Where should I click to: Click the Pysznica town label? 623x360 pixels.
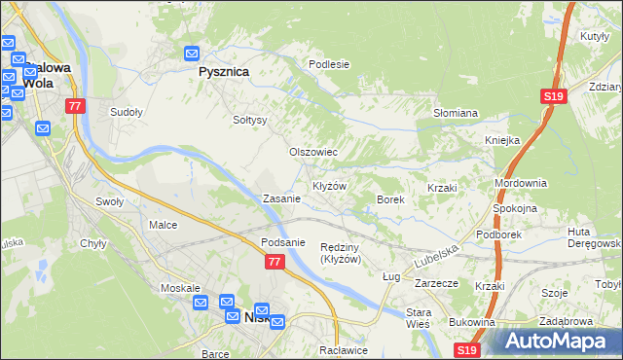pos(223,72)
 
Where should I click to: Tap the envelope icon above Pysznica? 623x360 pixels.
pos(192,54)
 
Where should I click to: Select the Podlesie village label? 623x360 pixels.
pos(329,64)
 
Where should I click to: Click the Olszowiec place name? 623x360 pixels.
pos(313,152)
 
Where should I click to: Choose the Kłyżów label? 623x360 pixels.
pos(329,185)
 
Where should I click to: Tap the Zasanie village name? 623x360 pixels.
pos(281,198)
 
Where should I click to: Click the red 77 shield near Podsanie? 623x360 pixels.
pos(274,262)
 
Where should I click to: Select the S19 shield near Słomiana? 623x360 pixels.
pos(553,95)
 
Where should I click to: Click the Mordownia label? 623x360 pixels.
pos(521,183)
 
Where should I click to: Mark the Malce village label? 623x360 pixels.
pos(163,225)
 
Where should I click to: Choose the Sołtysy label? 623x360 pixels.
pos(249,120)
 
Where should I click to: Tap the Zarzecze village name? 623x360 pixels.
pos(436,284)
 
